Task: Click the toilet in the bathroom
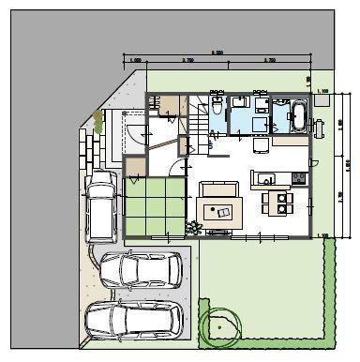pos(217,105)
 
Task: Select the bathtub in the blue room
pos(299,116)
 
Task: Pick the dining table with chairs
pos(276,199)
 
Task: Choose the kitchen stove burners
pos(298,178)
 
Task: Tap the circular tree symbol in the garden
pos(221,325)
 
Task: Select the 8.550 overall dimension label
pos(217,53)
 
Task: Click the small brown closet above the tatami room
pos(136,168)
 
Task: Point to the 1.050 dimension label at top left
pos(137,60)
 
